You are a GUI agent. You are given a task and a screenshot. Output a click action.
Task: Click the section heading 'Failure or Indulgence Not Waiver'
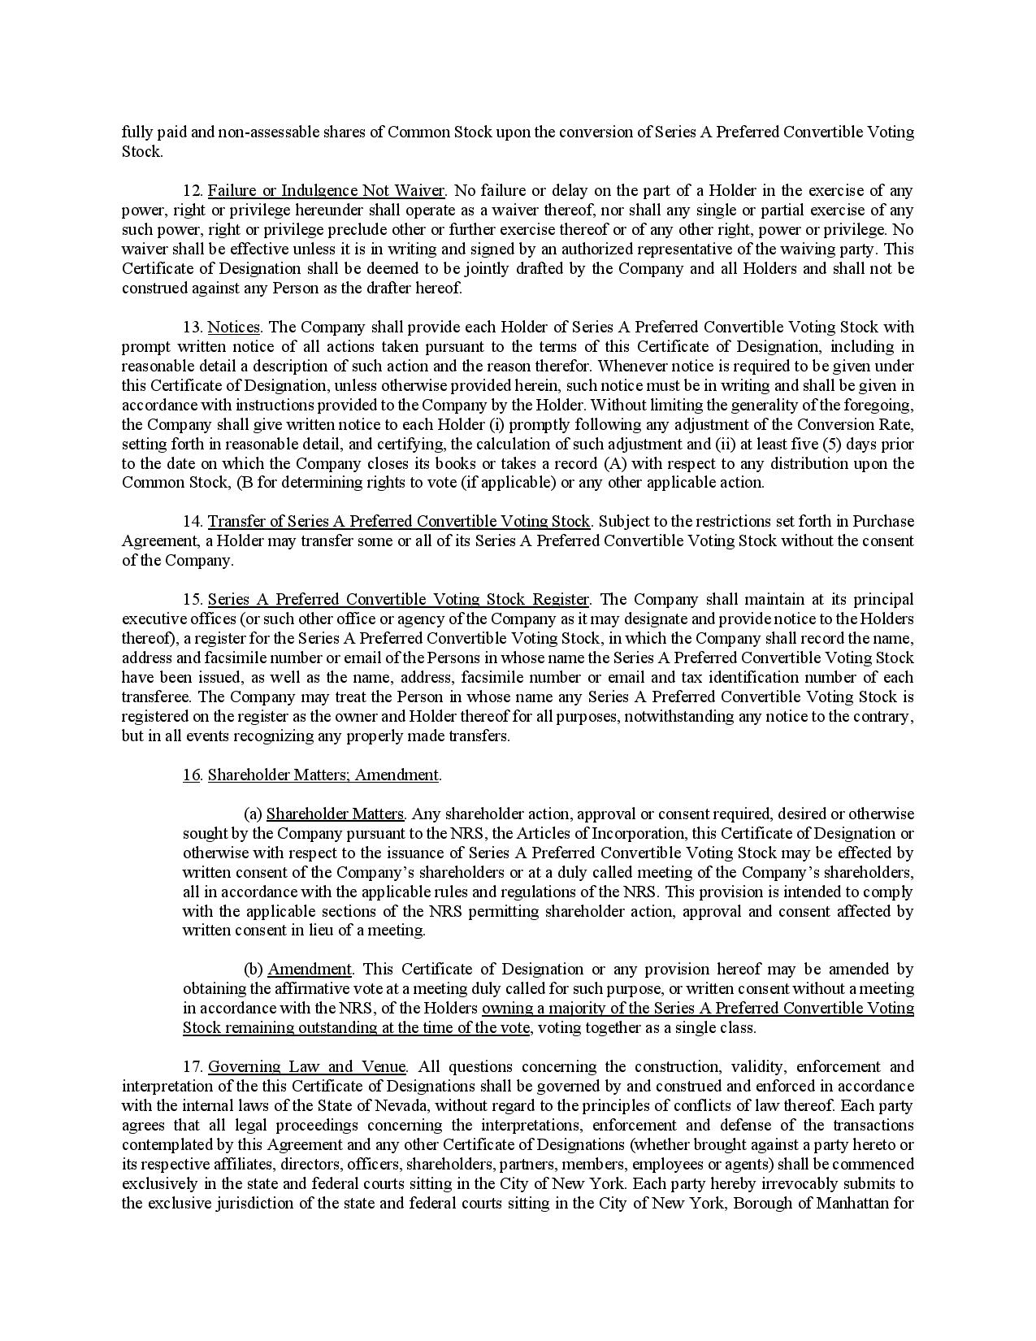(x=326, y=191)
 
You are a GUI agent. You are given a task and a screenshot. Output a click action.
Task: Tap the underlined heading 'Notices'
(x=234, y=328)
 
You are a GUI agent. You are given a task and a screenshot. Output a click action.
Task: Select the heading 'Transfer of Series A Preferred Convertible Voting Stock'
(x=399, y=522)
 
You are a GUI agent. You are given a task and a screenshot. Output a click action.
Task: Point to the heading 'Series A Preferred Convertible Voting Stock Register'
(x=398, y=600)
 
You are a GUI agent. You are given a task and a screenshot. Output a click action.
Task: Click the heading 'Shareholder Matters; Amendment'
(x=323, y=775)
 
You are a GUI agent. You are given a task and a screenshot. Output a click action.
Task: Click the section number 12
(x=192, y=191)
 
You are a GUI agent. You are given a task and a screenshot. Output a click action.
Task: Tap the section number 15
(x=192, y=600)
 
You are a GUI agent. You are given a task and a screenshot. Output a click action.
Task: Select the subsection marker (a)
(x=253, y=814)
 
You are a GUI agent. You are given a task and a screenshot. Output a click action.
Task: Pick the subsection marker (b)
(x=254, y=970)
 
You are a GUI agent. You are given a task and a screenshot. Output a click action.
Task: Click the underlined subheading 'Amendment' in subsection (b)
(x=310, y=970)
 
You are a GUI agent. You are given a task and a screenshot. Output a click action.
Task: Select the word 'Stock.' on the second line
(x=142, y=152)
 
